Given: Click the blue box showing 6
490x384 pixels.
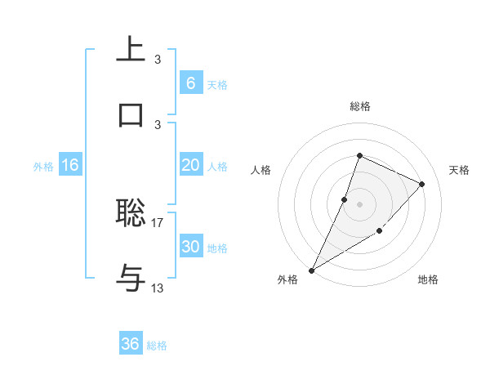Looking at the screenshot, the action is [190, 83].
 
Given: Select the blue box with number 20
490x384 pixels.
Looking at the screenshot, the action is [190, 165].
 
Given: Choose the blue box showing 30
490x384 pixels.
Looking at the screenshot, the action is [190, 247].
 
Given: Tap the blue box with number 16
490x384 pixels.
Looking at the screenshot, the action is [70, 165].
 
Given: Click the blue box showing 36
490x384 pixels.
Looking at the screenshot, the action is [131, 344].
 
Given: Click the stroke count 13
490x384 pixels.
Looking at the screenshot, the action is [158, 288].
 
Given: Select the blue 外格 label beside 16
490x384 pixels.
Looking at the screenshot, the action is [43, 166].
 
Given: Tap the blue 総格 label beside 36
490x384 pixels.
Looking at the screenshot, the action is [157, 346].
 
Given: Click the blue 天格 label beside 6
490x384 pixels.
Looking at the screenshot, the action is [217, 84].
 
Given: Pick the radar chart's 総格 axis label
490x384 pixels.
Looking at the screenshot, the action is [359, 106].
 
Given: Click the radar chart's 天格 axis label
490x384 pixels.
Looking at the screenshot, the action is [459, 170].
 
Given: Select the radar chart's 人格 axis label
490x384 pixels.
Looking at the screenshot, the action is [261, 170].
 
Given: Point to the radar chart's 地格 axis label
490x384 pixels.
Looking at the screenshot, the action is [428, 279].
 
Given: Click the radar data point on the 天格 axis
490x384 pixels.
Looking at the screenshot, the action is [421, 184].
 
